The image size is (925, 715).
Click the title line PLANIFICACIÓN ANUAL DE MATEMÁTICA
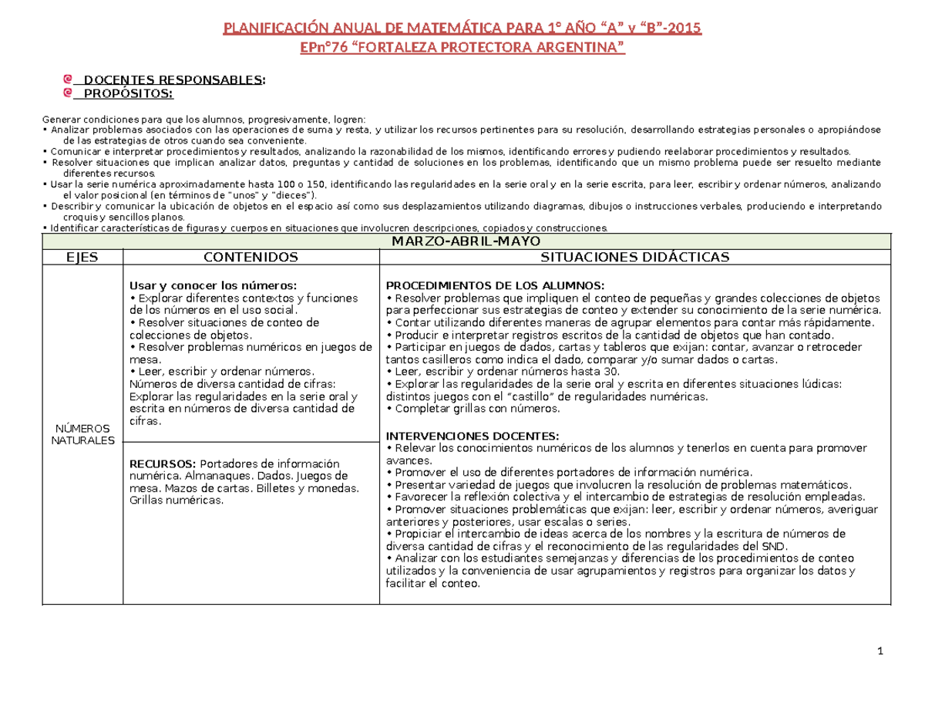(x=462, y=30)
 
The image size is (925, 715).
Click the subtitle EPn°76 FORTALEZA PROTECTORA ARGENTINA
(x=462, y=49)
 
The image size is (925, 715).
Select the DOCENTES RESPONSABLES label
(x=173, y=80)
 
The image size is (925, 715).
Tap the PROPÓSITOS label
(x=128, y=94)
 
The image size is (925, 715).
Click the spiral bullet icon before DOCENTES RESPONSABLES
(x=69, y=79)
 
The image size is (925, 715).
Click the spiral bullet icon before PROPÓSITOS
(x=69, y=93)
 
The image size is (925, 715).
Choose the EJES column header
(x=80, y=257)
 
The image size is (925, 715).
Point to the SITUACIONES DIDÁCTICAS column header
(x=634, y=257)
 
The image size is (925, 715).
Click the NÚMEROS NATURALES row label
(x=81, y=434)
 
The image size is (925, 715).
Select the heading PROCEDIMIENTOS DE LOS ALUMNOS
(x=489, y=285)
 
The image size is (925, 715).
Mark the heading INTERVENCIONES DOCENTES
(x=473, y=435)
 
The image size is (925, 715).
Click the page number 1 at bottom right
(x=880, y=654)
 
